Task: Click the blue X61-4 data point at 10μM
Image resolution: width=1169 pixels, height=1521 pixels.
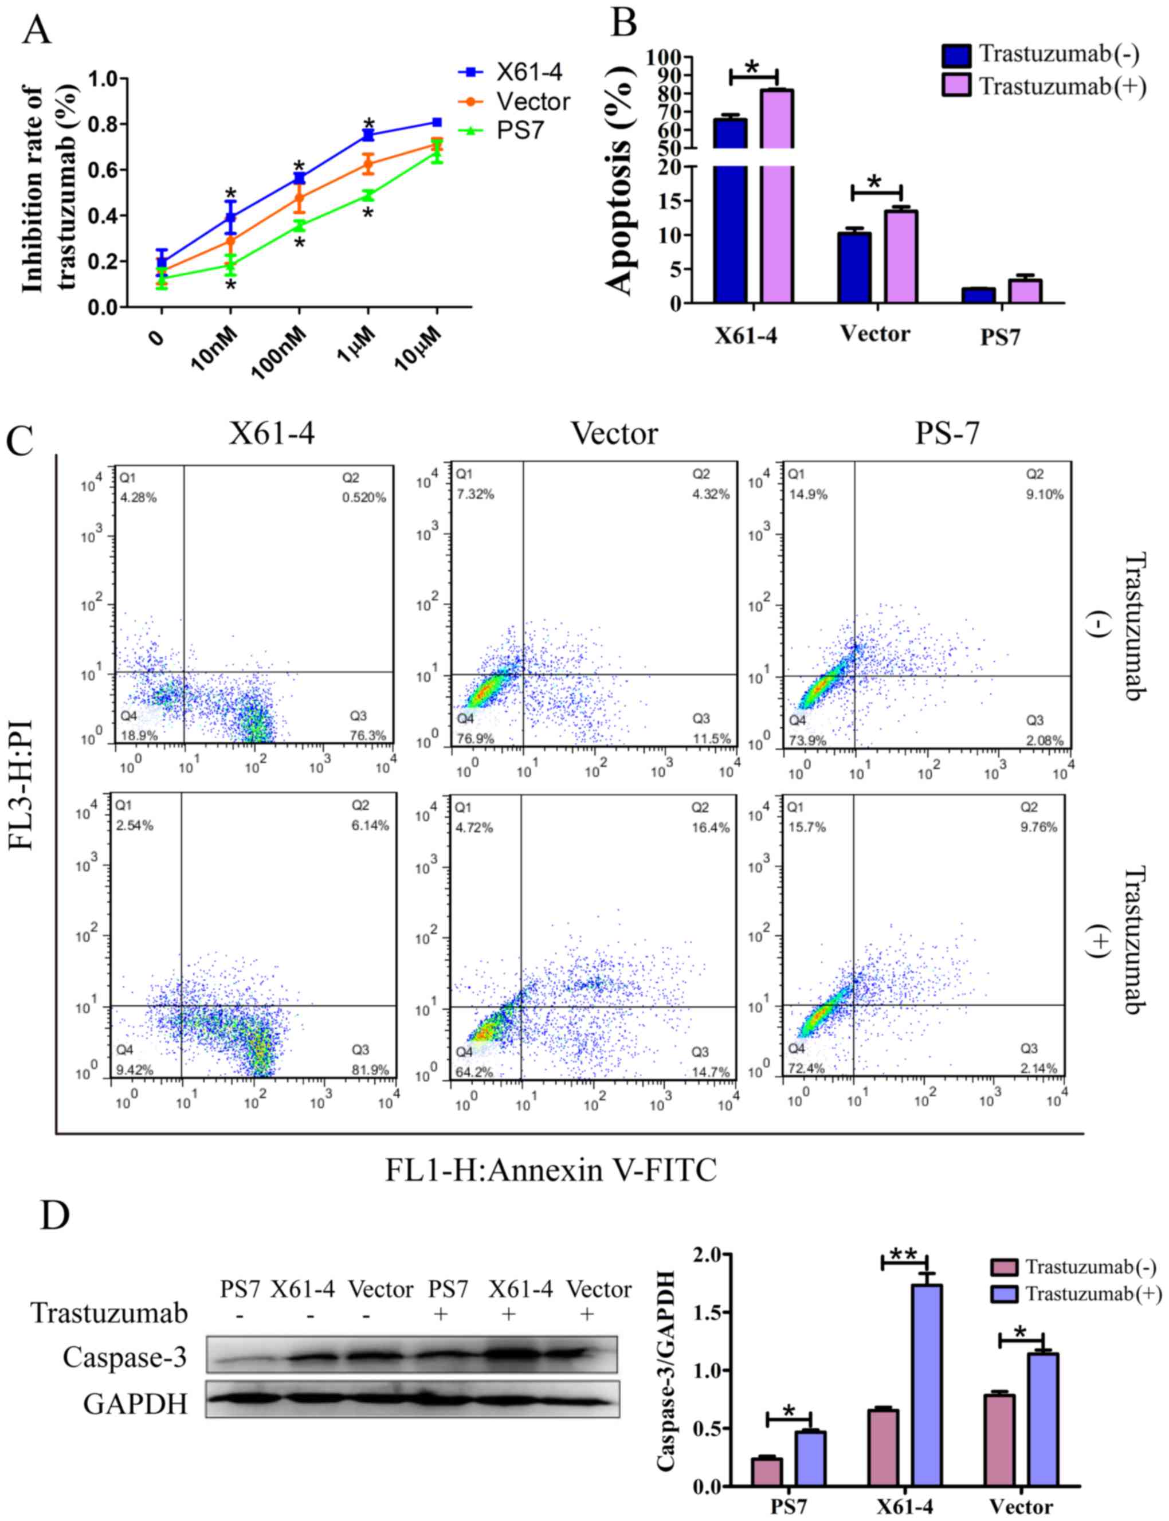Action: (436, 123)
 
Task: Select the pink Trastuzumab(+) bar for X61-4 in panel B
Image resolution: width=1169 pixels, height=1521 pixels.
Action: (776, 195)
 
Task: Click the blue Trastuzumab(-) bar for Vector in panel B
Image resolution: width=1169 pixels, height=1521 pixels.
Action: (854, 267)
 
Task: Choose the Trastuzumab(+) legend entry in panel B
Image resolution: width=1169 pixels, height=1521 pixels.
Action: (1044, 87)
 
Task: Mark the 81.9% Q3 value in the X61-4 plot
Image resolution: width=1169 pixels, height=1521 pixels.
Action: (370, 1070)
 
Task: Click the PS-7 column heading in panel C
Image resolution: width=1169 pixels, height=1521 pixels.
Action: (947, 433)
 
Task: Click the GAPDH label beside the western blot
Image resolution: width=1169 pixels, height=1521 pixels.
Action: (135, 1404)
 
